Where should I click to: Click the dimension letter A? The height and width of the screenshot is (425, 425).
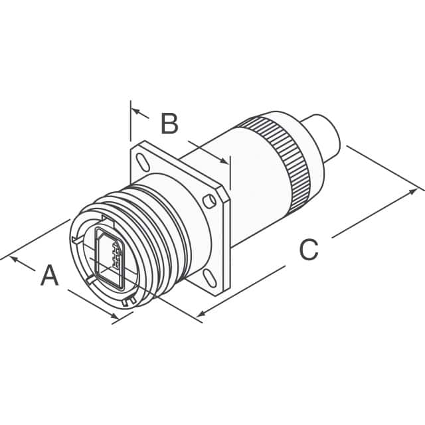coord(50,275)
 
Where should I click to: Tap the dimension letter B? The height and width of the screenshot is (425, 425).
coord(170,124)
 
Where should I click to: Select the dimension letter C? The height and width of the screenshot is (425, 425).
coord(309,250)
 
